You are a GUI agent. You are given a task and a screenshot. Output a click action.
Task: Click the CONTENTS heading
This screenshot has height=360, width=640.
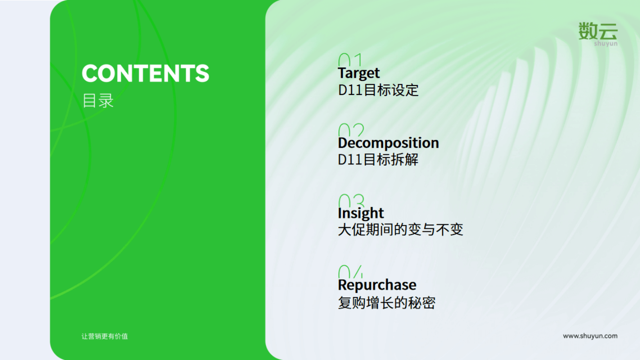(145, 73)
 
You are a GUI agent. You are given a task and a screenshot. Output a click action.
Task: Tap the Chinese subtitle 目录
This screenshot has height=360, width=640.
(98, 100)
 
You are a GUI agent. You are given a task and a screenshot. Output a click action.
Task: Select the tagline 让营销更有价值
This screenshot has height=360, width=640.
(104, 336)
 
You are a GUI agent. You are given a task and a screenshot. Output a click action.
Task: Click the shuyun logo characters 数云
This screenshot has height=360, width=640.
(598, 31)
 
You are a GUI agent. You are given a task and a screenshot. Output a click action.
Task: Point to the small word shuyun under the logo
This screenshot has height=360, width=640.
(606, 44)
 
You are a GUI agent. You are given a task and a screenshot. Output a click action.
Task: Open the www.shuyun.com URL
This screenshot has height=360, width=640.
(590, 336)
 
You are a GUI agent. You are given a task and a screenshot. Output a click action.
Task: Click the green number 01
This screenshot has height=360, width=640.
(350, 60)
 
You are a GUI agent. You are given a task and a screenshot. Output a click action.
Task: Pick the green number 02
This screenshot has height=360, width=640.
(351, 130)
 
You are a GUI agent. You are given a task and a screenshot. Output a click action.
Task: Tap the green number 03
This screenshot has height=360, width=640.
(352, 201)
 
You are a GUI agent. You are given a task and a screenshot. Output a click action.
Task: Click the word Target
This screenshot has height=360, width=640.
(359, 73)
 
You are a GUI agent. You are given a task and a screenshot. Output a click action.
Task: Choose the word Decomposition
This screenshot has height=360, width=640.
(388, 143)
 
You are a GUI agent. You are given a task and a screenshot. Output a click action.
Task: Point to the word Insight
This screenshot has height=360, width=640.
(361, 213)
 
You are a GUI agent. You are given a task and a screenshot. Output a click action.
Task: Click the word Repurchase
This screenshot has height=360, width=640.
(377, 285)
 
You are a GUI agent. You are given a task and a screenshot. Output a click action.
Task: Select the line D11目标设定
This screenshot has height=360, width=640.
(379, 90)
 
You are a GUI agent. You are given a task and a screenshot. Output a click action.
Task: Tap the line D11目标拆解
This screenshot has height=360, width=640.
(379, 159)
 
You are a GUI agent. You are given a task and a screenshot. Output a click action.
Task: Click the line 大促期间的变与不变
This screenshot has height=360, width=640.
(400, 229)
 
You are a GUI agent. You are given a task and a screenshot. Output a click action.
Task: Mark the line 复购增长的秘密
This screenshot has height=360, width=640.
(387, 303)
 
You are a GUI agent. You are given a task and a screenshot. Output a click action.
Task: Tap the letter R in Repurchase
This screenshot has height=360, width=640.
(343, 284)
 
